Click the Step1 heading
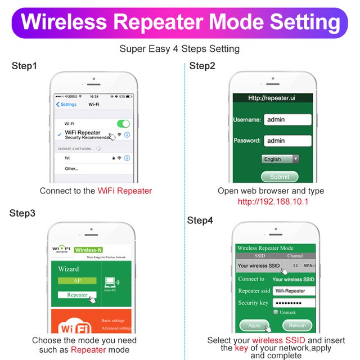coord(24,66)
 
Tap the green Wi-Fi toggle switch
coord(123,123)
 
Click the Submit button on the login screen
coord(280,177)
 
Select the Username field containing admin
coord(287,120)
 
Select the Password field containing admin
coord(287,141)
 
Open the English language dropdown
coord(280,159)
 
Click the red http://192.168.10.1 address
coord(273,201)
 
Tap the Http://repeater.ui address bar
coord(272,98)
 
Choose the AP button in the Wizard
coord(77,281)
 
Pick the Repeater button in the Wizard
coord(77,295)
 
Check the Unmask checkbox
coord(275,312)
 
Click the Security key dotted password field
coord(293,303)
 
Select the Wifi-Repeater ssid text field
coord(293,291)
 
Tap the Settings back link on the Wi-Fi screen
coord(66,105)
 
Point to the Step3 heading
coord(22,213)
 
